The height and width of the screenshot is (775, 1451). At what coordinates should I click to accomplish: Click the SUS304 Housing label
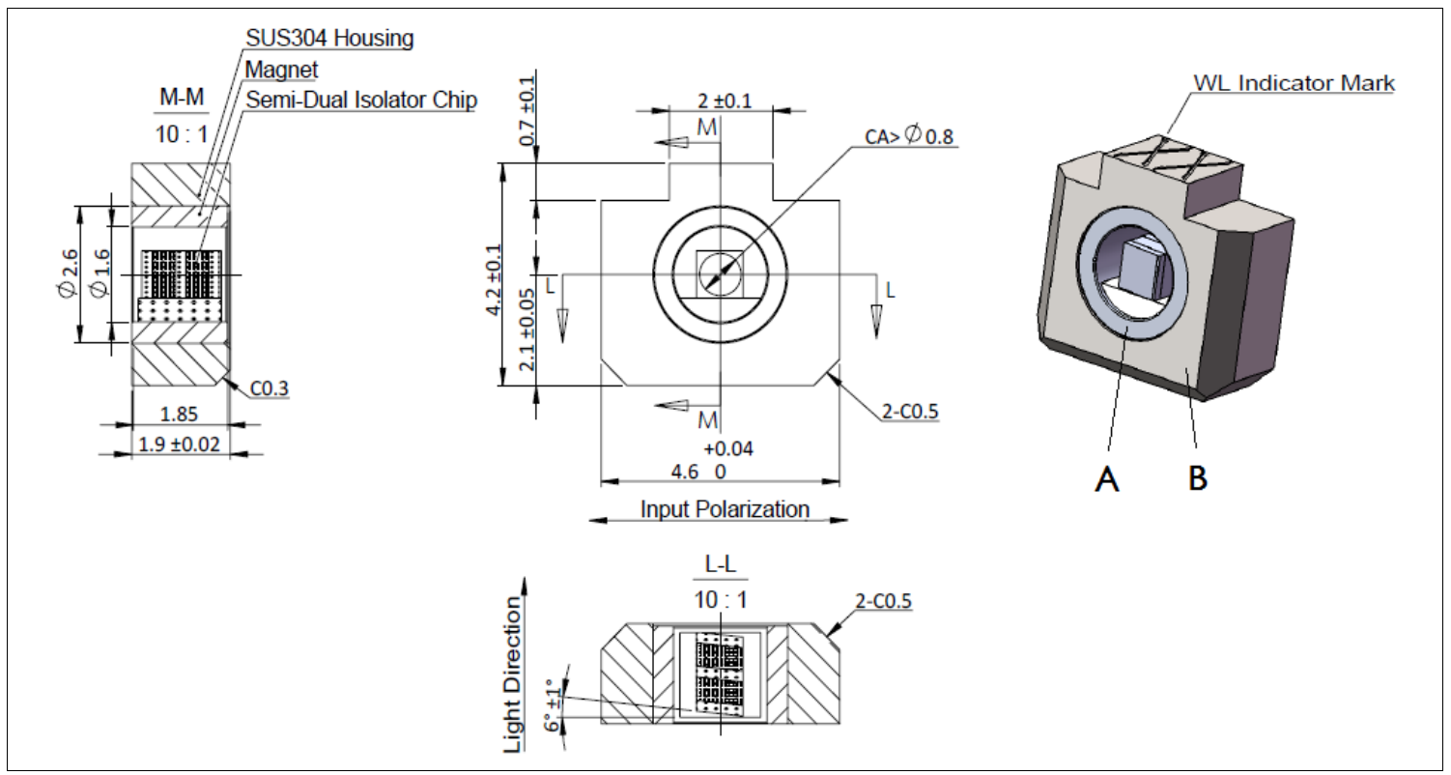329,40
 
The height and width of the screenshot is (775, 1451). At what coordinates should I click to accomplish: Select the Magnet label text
281,70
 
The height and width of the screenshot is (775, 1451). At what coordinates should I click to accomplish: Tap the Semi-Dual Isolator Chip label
361,100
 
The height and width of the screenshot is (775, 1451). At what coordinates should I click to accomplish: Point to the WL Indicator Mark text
1294,83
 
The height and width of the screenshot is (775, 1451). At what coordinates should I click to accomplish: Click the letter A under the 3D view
1108,476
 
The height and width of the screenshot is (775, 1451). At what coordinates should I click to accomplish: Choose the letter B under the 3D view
1197,476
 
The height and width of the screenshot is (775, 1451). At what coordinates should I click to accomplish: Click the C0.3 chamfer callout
270,389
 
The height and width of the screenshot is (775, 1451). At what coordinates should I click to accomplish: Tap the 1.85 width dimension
179,415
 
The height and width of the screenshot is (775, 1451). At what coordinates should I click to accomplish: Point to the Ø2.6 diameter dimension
66,274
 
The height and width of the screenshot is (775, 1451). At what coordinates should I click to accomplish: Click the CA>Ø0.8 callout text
908,136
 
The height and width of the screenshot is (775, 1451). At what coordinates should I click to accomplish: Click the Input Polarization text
725,509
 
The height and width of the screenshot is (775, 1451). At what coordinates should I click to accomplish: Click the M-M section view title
180,98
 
